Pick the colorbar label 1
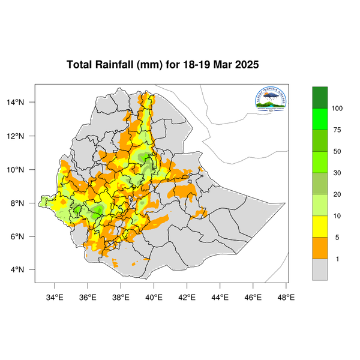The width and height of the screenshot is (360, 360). pos(337,259)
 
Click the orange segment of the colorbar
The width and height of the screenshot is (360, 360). pos(320,248)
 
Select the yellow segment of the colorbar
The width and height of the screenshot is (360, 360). pos(320,227)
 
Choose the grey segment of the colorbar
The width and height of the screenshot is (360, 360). pos(320,269)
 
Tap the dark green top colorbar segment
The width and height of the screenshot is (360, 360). pos(320,97)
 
